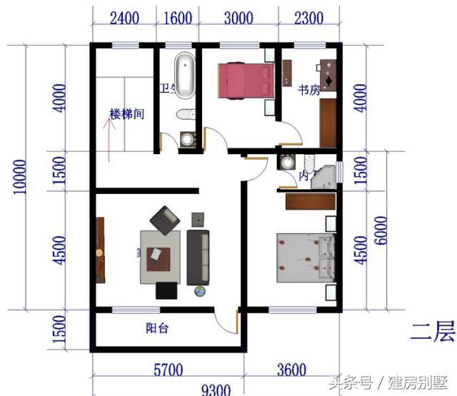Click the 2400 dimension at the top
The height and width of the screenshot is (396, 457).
124,19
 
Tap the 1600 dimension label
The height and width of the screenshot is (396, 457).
178,19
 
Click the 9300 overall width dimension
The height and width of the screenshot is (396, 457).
216,389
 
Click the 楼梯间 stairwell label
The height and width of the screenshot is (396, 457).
127,114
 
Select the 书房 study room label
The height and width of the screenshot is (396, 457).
308,91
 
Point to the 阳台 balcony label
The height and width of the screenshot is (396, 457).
157,329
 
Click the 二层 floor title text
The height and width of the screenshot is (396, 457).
432,330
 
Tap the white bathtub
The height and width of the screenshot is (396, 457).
186,75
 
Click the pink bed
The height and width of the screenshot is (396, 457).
246,80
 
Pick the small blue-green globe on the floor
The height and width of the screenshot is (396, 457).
200,290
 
